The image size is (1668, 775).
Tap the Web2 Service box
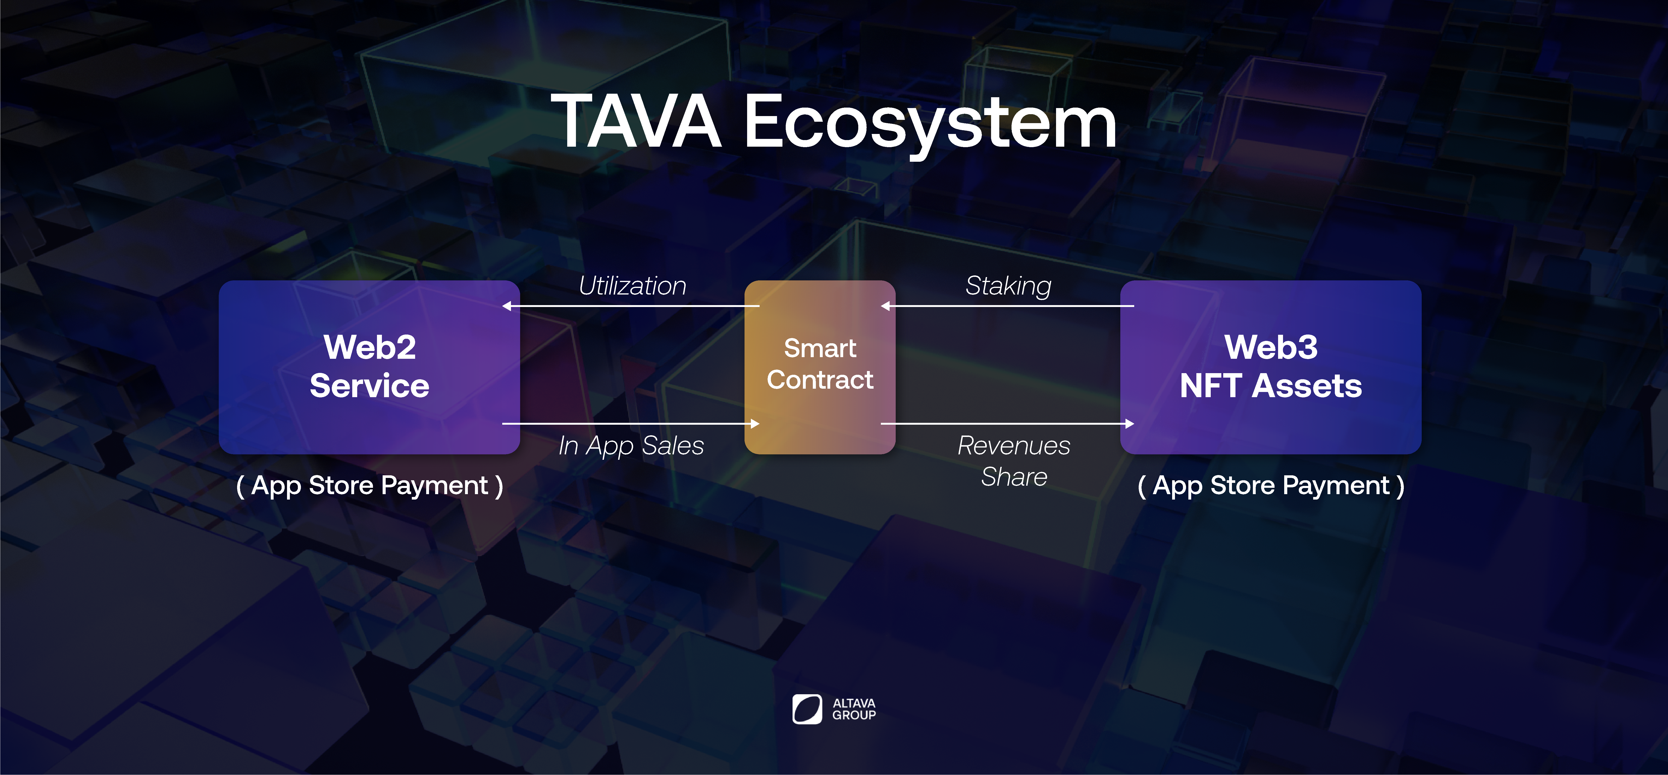pyautogui.click(x=369, y=367)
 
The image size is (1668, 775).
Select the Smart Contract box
pyautogui.click(x=820, y=367)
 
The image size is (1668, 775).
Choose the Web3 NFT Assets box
pyautogui.click(x=1271, y=367)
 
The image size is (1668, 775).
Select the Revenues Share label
pyautogui.click(x=1014, y=461)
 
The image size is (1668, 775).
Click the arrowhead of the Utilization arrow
pyautogui.click(x=507, y=306)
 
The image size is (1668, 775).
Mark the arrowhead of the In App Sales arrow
pyautogui.click(x=755, y=424)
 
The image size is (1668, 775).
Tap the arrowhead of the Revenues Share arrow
pyautogui.click(x=1130, y=424)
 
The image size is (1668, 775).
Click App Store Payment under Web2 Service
pyautogui.click(x=370, y=486)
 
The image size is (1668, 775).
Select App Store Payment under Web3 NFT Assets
pyautogui.click(x=1271, y=486)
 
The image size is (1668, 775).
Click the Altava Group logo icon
pyautogui.click(x=807, y=709)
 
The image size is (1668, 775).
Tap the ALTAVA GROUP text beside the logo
pyautogui.click(x=854, y=709)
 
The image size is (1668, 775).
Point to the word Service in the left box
pyautogui.click(x=369, y=386)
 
